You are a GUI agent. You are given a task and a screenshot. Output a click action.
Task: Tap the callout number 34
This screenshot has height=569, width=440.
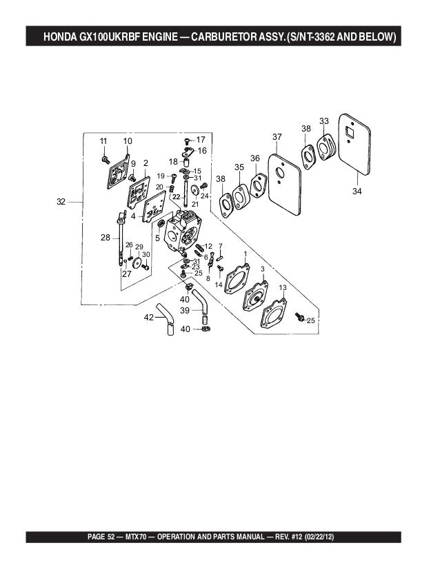[357, 191]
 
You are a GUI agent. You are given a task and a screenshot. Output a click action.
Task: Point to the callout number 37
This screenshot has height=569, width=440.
[277, 137]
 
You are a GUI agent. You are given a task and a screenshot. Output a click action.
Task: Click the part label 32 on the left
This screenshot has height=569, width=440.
[61, 202]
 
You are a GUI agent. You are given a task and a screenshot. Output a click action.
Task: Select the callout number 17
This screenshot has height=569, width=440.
[201, 139]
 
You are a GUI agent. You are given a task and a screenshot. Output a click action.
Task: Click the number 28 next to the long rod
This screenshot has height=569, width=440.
[105, 237]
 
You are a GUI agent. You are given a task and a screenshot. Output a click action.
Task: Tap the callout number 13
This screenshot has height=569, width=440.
[283, 287]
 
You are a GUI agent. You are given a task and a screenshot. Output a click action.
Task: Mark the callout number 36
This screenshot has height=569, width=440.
[254, 158]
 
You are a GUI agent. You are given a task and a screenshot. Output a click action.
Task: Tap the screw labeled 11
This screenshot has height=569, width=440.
[106, 159]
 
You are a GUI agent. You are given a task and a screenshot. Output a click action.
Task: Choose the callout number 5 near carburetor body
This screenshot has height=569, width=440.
[158, 238]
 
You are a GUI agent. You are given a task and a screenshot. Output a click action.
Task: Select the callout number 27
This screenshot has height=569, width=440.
[127, 273]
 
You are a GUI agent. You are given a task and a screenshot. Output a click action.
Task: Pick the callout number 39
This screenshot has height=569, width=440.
[185, 311]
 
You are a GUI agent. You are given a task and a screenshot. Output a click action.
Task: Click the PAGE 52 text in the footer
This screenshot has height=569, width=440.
[108, 536]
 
